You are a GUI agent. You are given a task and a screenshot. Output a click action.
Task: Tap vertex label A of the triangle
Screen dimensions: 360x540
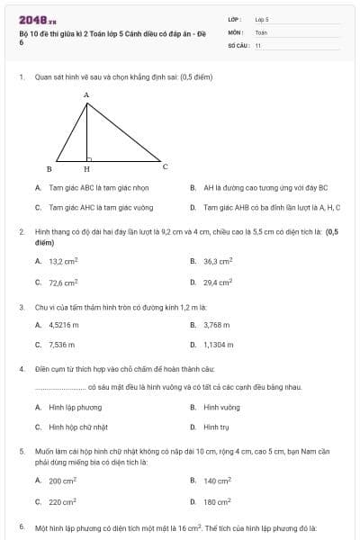[86, 94]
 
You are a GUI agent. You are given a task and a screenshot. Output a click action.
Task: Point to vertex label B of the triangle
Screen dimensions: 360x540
[49, 168]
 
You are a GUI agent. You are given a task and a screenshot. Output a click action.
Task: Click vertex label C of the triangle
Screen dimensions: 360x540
[165, 166]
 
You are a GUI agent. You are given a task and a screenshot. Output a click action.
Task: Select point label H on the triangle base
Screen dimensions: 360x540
[86, 168]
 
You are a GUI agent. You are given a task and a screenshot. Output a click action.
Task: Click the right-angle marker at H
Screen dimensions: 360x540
[89, 157]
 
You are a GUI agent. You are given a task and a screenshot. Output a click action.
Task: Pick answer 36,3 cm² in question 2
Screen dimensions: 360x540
[218, 261]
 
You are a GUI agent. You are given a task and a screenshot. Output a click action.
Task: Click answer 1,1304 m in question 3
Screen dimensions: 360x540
[218, 344]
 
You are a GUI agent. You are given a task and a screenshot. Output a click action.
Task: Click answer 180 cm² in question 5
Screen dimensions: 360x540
[217, 501]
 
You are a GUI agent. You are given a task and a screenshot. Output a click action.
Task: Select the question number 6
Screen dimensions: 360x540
[21, 526]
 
